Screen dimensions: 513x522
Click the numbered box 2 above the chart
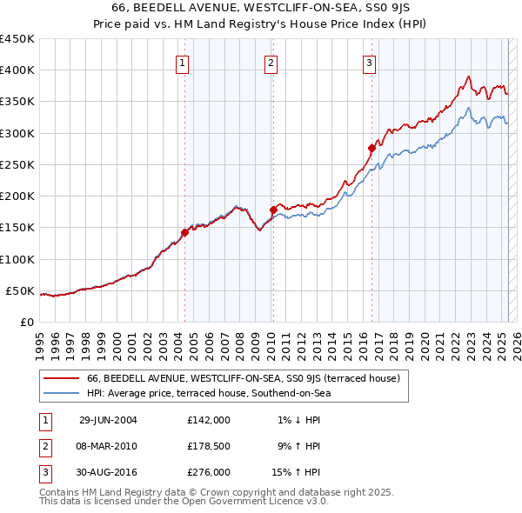tap(271, 62)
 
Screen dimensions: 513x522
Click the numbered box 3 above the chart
tap(370, 62)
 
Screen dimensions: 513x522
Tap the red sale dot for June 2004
tap(184, 232)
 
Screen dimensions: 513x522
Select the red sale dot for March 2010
tap(272, 210)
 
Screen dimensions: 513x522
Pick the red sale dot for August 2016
tap(371, 148)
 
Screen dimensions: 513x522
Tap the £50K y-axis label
tap(21, 290)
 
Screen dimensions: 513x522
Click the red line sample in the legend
tap(62, 378)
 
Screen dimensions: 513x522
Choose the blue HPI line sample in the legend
tap(62, 394)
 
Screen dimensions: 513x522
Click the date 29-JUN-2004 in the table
tap(108, 419)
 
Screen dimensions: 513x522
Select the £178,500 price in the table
tap(209, 446)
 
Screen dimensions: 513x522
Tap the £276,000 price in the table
tap(209, 473)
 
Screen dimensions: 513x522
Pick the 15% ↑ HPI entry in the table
tap(298, 473)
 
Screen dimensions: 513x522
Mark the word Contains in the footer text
tap(60, 493)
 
